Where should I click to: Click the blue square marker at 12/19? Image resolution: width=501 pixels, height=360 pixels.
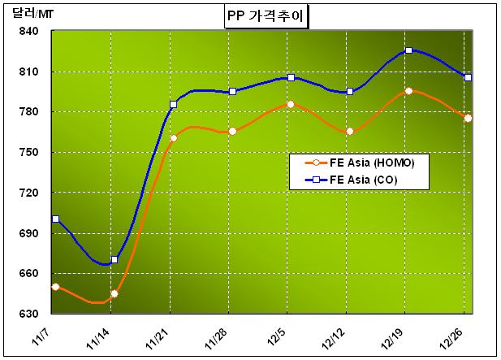(x=408, y=50)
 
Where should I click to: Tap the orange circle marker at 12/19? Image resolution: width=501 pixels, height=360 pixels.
(x=408, y=91)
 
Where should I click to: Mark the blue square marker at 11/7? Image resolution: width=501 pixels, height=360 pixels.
(x=55, y=219)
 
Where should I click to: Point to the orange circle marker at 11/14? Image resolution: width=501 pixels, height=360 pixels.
(x=114, y=293)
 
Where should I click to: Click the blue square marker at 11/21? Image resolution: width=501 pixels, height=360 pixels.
(x=173, y=104)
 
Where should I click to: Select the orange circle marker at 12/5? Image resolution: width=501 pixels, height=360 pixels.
(x=291, y=104)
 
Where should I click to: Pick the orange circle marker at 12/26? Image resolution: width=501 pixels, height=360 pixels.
(x=468, y=118)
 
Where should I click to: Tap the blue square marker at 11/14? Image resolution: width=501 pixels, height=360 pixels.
(x=114, y=259)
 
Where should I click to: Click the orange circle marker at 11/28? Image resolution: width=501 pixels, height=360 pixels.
(x=232, y=131)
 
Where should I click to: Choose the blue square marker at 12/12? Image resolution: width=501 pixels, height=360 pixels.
(x=350, y=91)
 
